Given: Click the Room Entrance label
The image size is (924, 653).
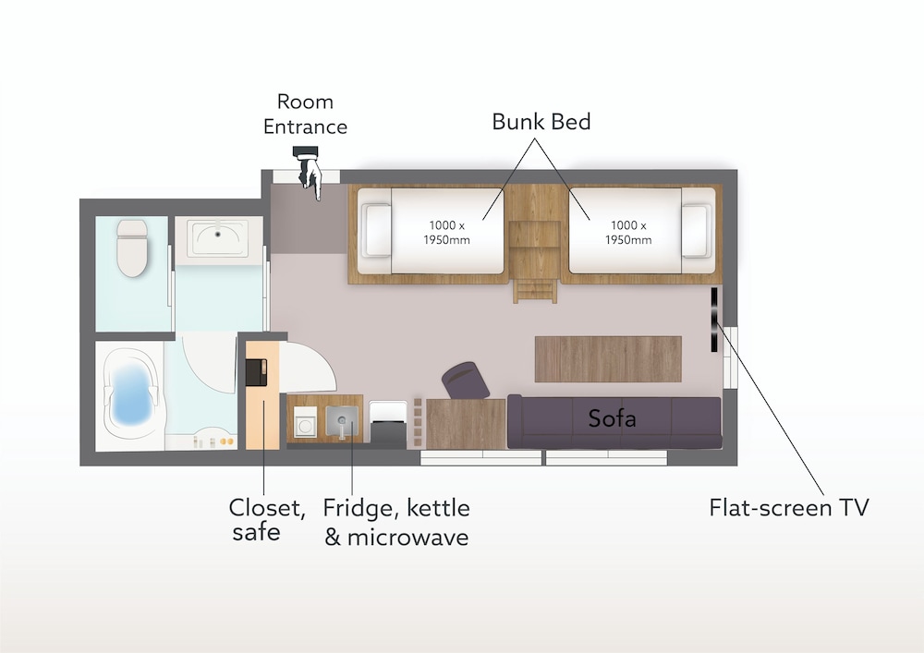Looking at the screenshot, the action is pos(305,115).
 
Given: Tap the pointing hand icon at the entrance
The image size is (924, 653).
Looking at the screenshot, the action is pos(310,173).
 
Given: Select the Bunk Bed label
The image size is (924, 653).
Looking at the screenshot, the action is pos(541,122).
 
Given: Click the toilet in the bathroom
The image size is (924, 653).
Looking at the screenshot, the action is pos(132,248).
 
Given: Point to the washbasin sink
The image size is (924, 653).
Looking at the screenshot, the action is pos(218,238).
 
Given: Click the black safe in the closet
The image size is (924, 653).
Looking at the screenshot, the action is pos(256,372).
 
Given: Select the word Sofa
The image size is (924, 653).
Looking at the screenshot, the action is pos(612,418).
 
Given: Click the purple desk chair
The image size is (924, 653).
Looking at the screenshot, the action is pos(466,381).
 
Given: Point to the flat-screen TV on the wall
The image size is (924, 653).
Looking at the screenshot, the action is pos(714,320).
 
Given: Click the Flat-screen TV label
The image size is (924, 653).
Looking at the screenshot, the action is pos(788,508).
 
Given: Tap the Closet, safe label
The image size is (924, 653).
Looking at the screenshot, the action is pos(267,520).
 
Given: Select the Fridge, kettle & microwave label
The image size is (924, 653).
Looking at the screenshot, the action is pos(396,522).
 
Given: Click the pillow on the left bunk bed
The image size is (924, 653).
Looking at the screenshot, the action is pos(377,230).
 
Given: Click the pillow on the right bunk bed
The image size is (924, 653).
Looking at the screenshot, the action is pos(696,230).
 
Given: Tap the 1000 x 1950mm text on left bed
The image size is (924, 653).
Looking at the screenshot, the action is pos(446,233).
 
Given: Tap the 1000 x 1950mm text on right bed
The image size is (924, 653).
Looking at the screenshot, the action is pos(628,233).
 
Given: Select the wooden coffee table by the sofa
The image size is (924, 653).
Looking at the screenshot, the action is pos(608,359).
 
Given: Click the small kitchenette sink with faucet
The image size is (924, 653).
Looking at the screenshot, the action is pos(343,421).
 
